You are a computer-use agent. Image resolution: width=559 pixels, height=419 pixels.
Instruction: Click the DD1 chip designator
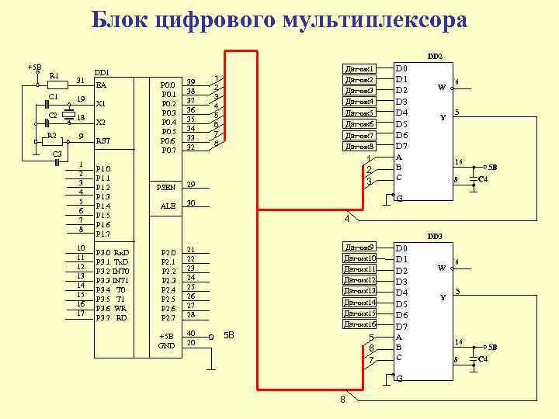pos(101,72)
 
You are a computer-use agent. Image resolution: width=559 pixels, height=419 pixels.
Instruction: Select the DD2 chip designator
pos(435,57)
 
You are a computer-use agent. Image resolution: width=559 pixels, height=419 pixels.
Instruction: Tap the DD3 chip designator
pos(435,235)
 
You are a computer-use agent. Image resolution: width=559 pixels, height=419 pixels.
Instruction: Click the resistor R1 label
pos(54,75)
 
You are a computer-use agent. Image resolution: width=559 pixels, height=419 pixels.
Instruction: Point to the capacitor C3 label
pos(57,154)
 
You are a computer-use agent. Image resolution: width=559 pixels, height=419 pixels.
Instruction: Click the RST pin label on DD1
pos(102,141)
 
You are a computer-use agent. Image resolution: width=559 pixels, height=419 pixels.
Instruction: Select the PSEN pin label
pos(168,187)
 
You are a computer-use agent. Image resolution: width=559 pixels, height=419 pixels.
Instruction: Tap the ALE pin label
pos(168,206)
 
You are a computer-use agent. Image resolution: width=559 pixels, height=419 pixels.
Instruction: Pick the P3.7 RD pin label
pos(112,317)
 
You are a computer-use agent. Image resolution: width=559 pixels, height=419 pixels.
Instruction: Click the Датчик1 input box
pos(359,69)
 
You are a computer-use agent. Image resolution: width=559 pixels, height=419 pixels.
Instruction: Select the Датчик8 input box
pos(359,146)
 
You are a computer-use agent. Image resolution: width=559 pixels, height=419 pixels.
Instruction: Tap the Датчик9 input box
pos(359,247)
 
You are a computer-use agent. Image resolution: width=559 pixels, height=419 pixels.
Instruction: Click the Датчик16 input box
pos(359,324)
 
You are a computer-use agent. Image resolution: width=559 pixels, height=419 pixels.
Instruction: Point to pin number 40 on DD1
pos(191,333)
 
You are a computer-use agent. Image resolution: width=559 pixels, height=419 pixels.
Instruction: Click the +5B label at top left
pos(34,67)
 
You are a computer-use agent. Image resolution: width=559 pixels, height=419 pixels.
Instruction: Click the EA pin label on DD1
pos(101,85)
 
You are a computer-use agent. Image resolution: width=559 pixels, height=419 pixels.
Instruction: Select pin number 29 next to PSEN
pos(191,185)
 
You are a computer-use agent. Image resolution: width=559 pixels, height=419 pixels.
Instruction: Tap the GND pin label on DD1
pos(167,345)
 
